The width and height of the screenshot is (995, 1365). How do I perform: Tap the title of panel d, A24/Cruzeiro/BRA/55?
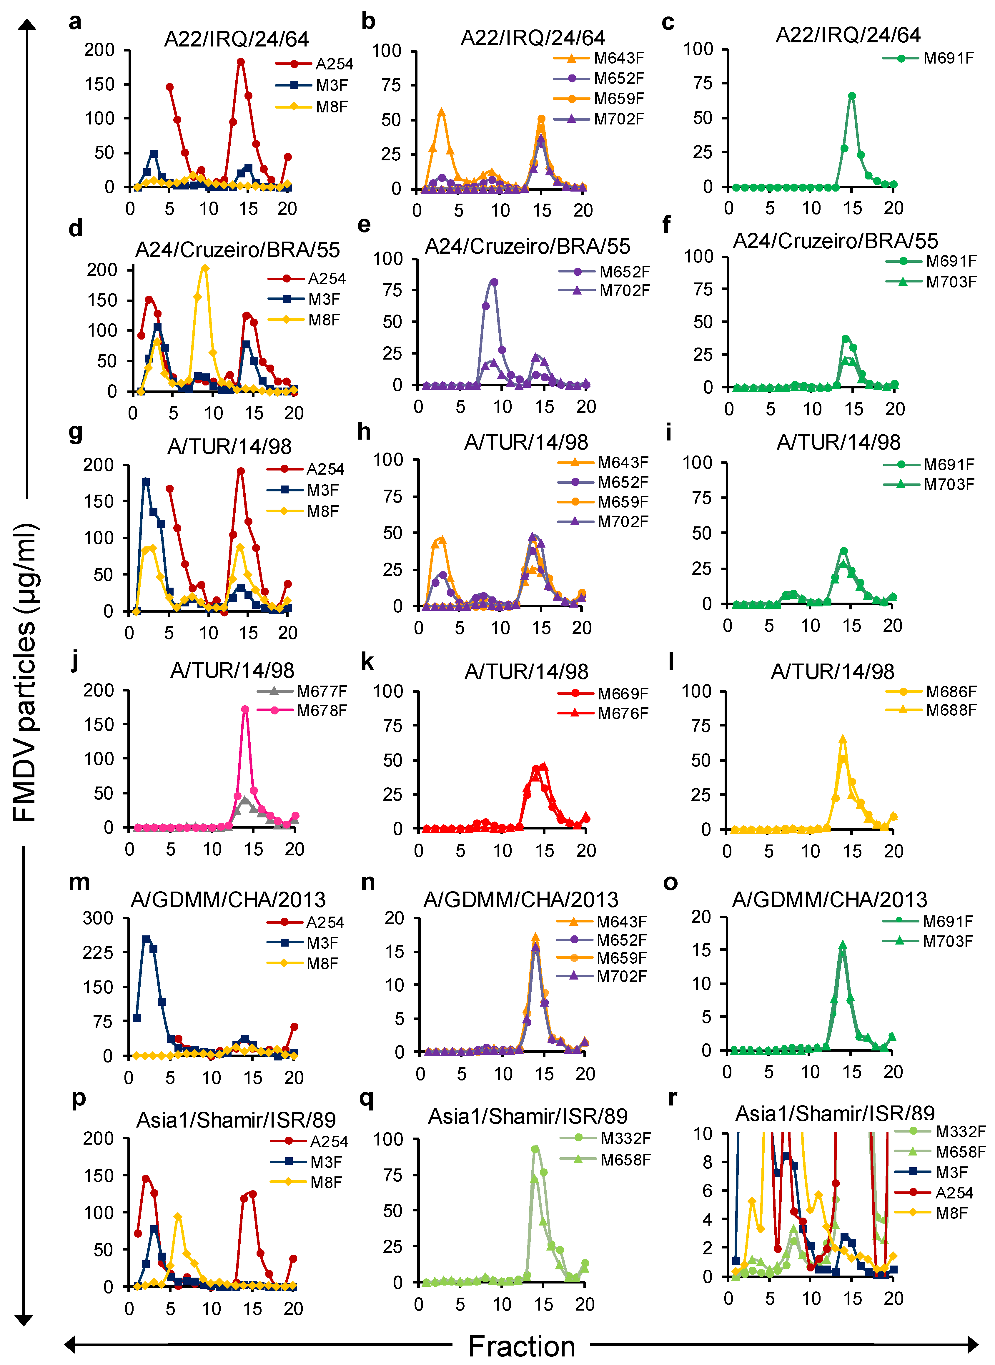pyautogui.click(x=237, y=250)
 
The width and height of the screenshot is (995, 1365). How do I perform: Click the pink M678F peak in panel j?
pyautogui.click(x=245, y=710)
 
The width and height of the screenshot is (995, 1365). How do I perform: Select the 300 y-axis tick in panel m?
pyautogui.click(x=98, y=918)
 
